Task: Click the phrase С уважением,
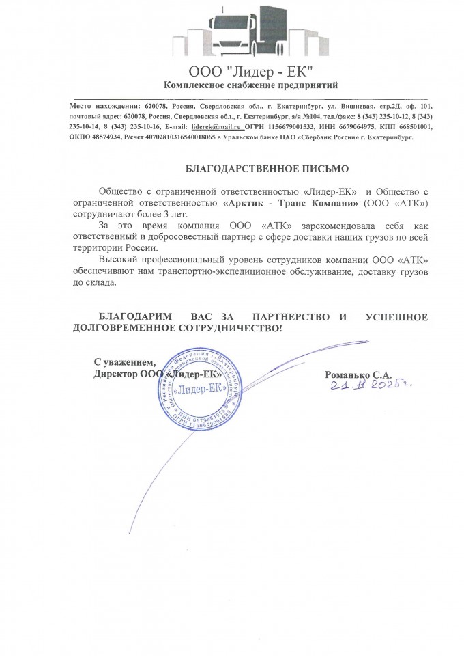point(125,361)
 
